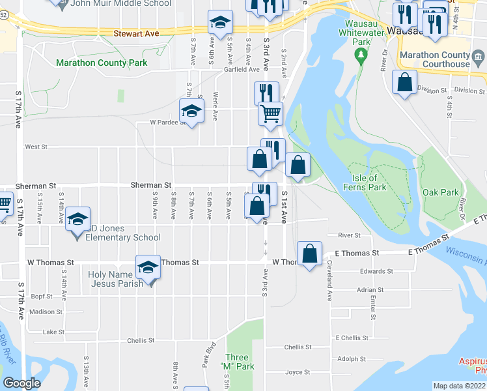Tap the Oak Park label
coord(441,192)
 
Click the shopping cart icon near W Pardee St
coord(270,113)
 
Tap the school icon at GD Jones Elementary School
coord(77,218)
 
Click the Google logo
coord(21,383)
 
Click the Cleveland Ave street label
coord(330,281)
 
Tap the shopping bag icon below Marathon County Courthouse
coord(404,82)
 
